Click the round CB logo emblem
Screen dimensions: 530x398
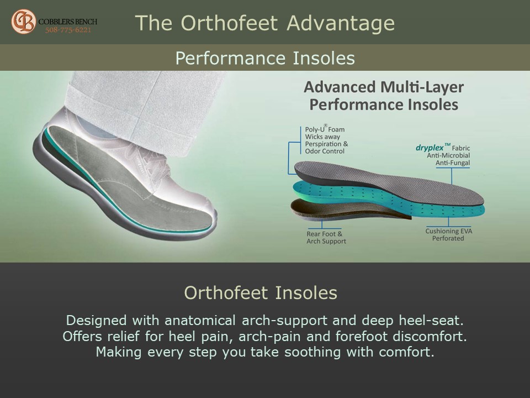[23, 22]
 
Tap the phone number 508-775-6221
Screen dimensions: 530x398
[68, 30]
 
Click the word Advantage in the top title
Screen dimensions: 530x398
[341, 23]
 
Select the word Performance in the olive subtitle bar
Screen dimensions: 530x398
[231, 58]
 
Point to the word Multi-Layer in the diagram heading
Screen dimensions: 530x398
[422, 87]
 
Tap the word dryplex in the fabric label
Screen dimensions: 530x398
[430, 148]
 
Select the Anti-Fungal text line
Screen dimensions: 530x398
[453, 163]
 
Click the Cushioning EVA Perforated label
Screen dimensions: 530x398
[448, 234]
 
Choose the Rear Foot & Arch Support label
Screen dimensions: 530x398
[326, 237]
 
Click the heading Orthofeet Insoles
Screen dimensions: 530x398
[261, 293]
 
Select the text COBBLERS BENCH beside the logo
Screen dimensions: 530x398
[67, 22]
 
